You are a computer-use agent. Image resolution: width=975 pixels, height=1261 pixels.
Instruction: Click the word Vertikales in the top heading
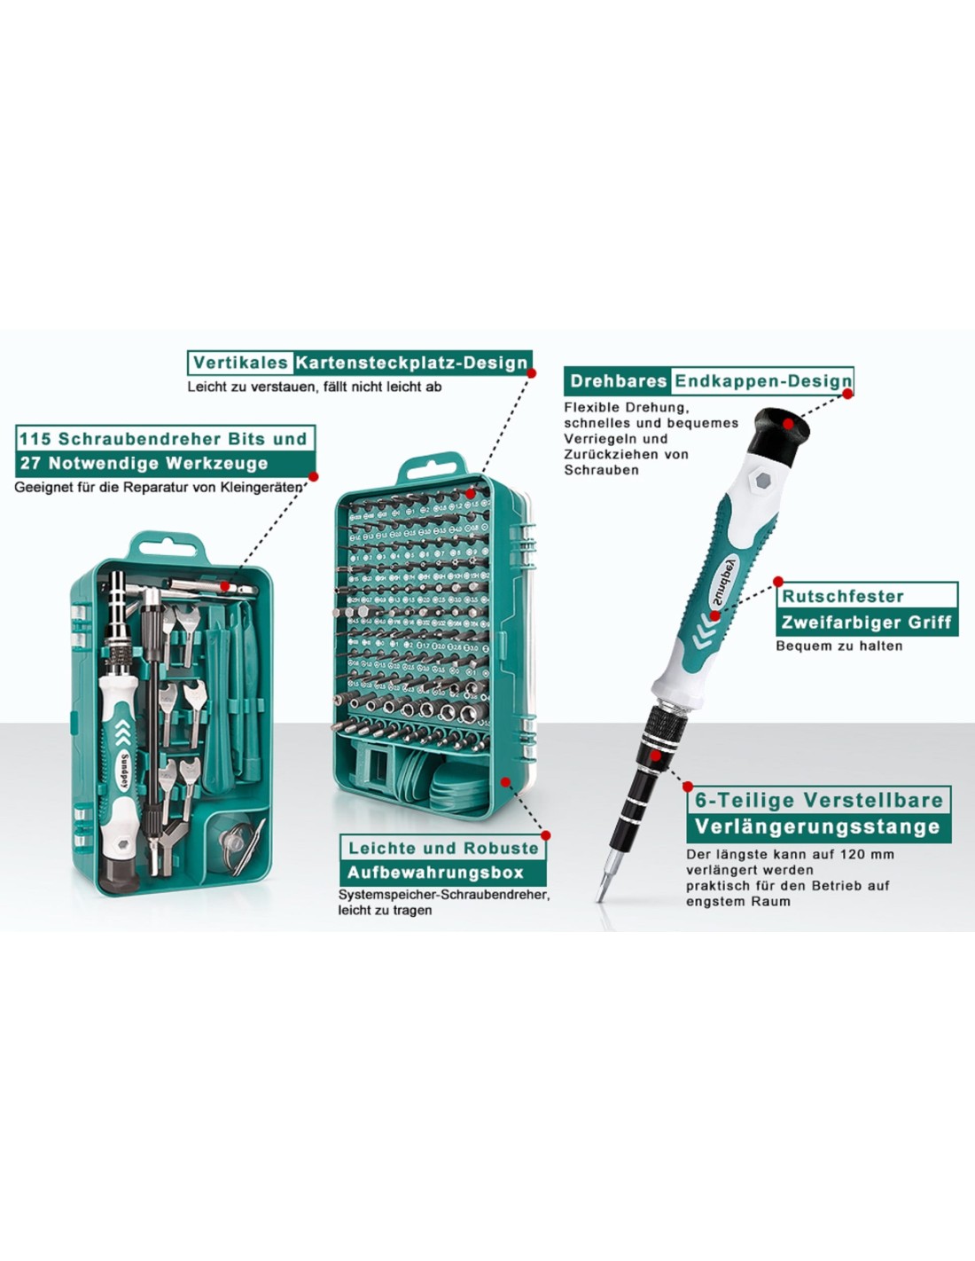(x=240, y=363)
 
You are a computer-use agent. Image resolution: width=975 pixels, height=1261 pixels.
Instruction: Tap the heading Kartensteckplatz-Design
(x=412, y=364)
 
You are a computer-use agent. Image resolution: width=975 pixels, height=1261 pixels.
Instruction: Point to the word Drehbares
(x=619, y=380)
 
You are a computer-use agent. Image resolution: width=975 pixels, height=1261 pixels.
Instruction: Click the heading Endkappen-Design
(x=762, y=381)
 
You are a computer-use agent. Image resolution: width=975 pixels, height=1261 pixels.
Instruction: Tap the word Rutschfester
(x=843, y=597)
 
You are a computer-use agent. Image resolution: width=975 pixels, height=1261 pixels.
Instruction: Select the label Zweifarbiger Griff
(x=866, y=623)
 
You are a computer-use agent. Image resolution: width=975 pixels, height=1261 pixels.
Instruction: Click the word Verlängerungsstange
(x=817, y=827)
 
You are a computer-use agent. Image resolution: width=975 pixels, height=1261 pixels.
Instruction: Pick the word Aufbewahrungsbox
(x=435, y=873)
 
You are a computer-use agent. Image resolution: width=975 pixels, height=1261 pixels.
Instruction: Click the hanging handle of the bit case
(x=432, y=469)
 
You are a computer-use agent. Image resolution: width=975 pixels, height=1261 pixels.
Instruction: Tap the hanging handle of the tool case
(x=168, y=546)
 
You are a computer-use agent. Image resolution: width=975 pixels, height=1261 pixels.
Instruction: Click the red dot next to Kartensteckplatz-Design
(x=531, y=373)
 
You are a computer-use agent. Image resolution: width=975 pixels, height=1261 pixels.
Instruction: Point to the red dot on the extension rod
(x=655, y=756)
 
